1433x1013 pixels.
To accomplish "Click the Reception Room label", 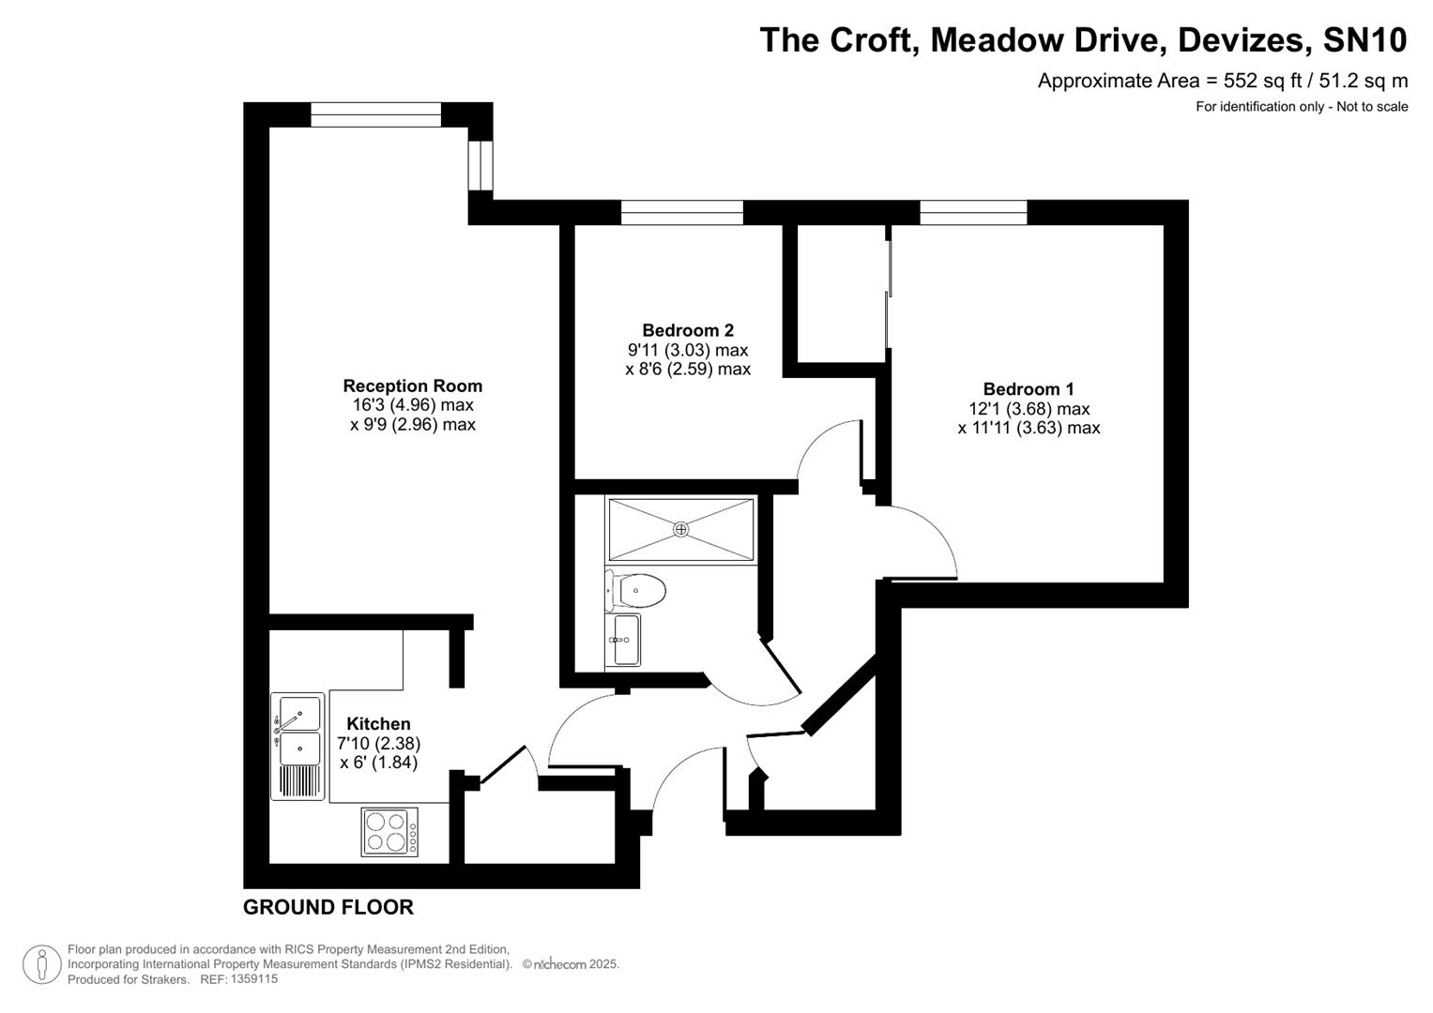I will coord(412,386).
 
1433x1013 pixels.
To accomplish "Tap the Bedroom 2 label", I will coord(687,330).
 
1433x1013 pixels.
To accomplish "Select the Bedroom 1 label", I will coord(1029,389).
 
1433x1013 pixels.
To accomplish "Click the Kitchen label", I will coord(378,724).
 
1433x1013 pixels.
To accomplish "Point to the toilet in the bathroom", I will coord(637,591).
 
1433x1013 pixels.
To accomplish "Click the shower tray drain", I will coord(681,530).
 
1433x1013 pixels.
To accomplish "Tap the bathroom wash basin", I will coord(624,640).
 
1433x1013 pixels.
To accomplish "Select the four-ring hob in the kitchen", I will coord(390,832).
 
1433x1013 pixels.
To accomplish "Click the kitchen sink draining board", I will coord(297,780).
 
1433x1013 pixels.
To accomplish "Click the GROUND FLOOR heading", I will coord(328,907).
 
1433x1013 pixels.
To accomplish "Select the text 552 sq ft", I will coord(1255,81).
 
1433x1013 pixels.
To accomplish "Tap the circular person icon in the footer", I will coord(42,964).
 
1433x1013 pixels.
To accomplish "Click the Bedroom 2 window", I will coord(681,213).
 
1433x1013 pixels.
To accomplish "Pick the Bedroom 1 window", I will coord(973,213).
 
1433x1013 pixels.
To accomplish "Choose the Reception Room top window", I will coord(375,114).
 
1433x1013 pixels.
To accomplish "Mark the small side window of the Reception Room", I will coord(480,165).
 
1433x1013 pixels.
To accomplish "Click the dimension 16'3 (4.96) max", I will coord(412,405).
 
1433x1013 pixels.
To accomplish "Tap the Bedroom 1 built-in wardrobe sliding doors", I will coord(888,295).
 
